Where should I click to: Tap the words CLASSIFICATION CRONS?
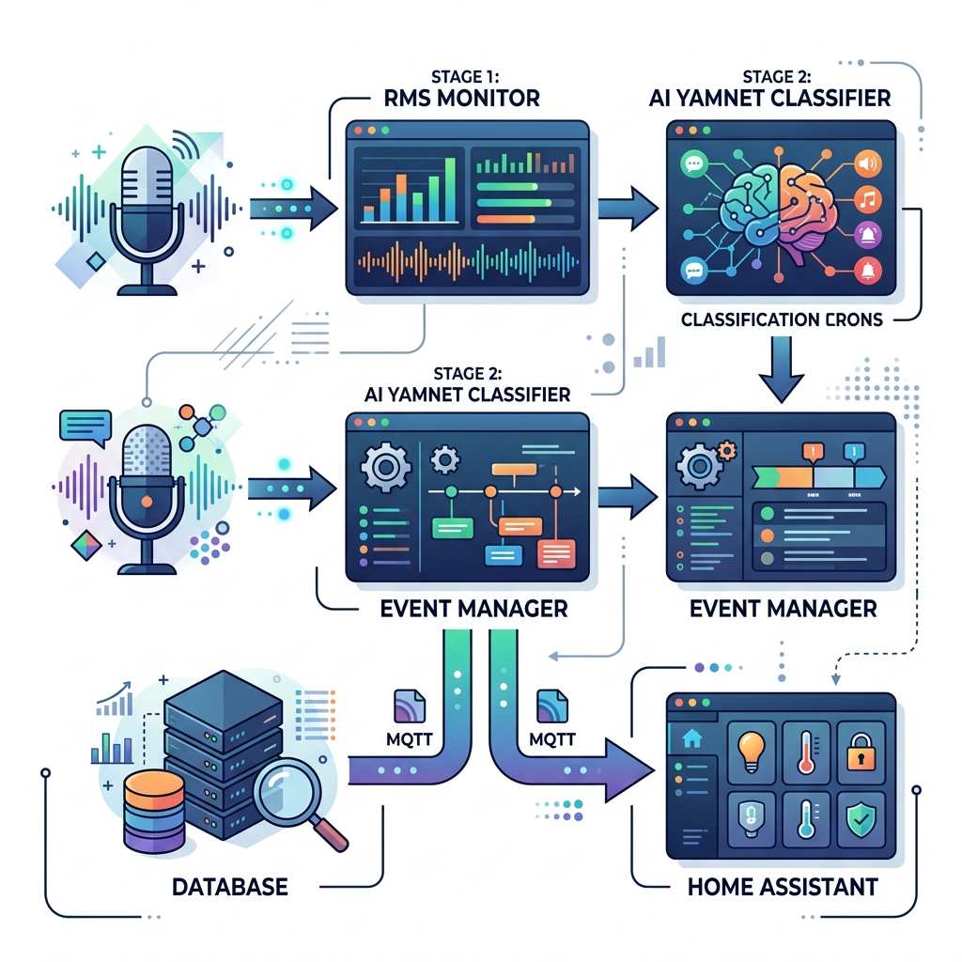782,319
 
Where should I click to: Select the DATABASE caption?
229,885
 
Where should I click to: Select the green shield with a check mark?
861,819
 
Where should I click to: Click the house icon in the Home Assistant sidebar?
691,738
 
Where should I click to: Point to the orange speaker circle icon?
867,163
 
